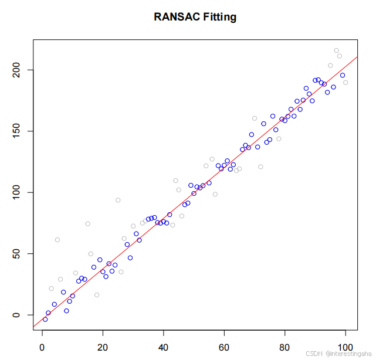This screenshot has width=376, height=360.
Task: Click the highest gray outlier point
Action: click(x=336, y=50)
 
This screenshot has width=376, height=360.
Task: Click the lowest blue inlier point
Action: click(x=45, y=319)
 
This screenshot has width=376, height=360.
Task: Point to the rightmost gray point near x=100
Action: click(x=345, y=83)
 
